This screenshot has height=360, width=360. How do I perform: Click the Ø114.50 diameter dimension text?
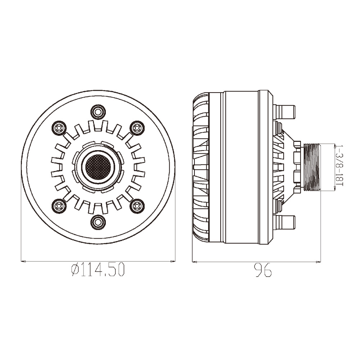pos(98,270)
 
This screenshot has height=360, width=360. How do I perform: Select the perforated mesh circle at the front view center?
pos(98,167)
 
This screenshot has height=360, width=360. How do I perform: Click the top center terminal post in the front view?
pos(98,112)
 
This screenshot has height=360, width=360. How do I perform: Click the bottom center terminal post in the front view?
pos(98,222)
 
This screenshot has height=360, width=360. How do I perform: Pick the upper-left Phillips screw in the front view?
pos(59,128)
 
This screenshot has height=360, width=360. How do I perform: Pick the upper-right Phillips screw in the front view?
pos(137,128)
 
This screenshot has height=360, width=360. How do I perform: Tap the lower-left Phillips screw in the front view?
pos(59,206)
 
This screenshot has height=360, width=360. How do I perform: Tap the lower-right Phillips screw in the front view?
pos(137,206)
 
